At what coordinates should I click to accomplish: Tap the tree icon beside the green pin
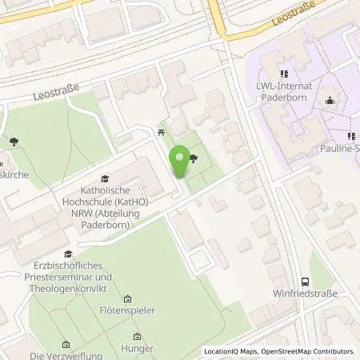click(x=194, y=158)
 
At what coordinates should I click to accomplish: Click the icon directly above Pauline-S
click(x=351, y=136)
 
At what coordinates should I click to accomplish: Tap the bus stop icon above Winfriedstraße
click(x=305, y=281)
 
